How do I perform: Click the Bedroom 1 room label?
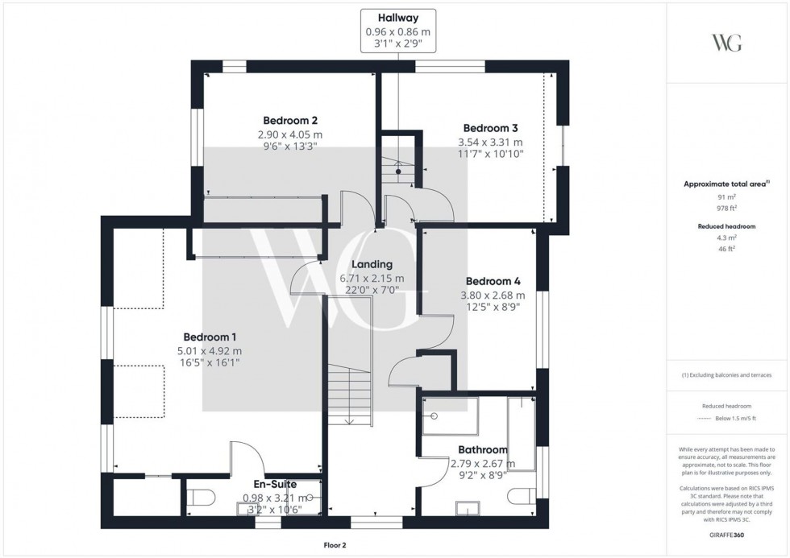pos(209,337)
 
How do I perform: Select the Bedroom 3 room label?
pos(490,128)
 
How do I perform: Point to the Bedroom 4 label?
pos(493,281)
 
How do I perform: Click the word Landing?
pos(372,264)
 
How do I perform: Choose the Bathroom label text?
pos(482,449)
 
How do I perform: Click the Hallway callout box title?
pos(398,19)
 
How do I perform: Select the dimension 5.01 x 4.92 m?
pos(209,350)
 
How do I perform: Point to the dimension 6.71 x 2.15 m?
pos(372,279)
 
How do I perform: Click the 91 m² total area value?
pos(727,196)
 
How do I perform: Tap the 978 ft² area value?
pos(727,208)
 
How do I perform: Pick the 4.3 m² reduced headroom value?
pos(727,238)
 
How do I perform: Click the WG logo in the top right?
pos(727,43)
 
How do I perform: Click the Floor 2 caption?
pos(332,545)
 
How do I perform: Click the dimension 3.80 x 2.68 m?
pos(493,295)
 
